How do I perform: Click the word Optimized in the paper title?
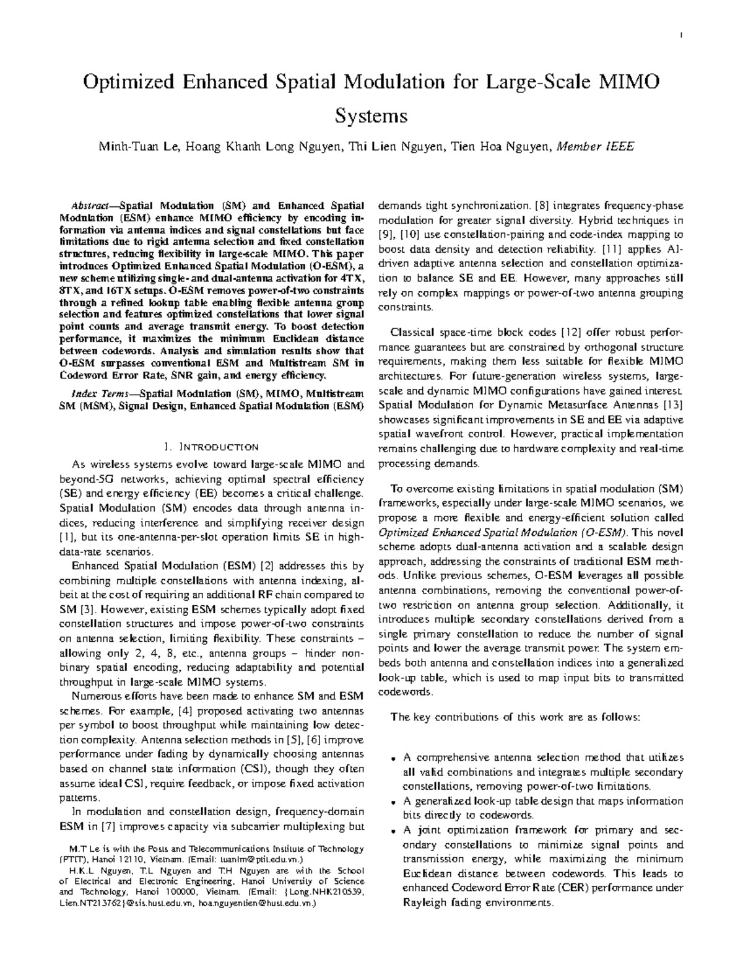126,82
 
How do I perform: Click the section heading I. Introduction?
211,447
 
